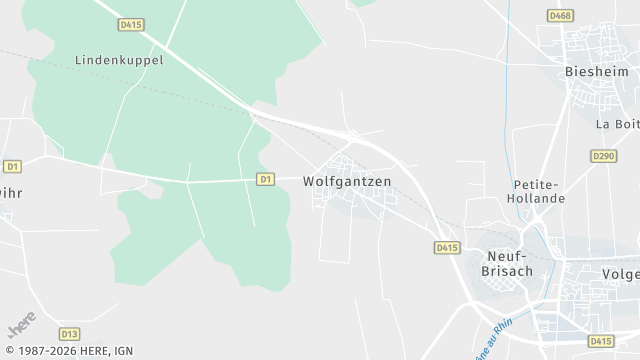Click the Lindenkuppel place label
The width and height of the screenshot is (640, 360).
pyautogui.click(x=119, y=60)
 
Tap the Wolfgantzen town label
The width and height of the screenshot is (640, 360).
pyautogui.click(x=347, y=182)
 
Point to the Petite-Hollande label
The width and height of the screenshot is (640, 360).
pyautogui.click(x=539, y=191)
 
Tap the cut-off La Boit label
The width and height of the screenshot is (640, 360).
pyautogui.click(x=617, y=124)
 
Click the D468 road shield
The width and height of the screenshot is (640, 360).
pyautogui.click(x=559, y=15)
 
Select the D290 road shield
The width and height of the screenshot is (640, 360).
pyautogui.click(x=603, y=156)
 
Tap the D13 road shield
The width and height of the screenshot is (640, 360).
pyautogui.click(x=69, y=334)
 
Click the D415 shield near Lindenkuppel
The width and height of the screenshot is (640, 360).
pyautogui.click(x=129, y=23)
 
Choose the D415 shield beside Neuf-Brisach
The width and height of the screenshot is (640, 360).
pyautogui.click(x=447, y=247)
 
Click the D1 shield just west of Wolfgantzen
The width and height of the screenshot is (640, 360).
pyautogui.click(x=265, y=179)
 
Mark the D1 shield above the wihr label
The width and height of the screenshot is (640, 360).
pyautogui.click(x=12, y=166)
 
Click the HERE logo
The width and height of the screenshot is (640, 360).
pyautogui.click(x=21, y=325)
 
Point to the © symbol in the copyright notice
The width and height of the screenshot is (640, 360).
pyautogui.click(x=9, y=351)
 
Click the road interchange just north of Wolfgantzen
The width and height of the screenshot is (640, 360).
pyautogui.click(x=352, y=134)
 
